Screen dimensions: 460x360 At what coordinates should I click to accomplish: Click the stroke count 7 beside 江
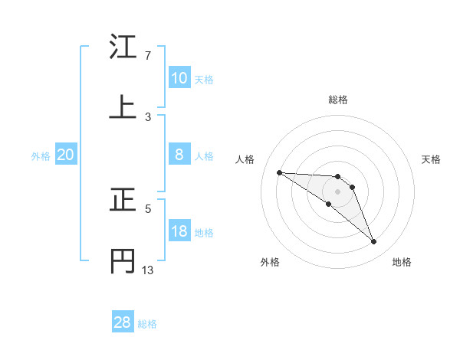click(x=148, y=56)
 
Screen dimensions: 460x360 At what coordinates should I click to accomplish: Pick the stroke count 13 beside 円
click(x=148, y=270)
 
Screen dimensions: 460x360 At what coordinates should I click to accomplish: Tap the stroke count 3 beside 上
click(x=148, y=116)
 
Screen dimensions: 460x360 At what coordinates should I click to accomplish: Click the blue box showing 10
click(x=179, y=78)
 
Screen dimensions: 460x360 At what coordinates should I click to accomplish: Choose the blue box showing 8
click(x=179, y=155)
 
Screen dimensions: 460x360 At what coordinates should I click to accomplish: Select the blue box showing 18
click(x=179, y=231)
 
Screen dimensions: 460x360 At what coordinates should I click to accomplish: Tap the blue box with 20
click(x=66, y=155)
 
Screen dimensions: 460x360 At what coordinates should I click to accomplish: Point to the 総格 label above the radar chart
click(x=338, y=100)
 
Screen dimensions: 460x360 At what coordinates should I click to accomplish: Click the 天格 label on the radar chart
click(x=432, y=159)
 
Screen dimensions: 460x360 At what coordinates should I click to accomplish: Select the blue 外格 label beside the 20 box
click(x=41, y=156)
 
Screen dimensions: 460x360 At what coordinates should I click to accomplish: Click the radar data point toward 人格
click(x=279, y=172)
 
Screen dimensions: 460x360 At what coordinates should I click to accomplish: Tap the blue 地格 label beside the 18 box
click(x=204, y=233)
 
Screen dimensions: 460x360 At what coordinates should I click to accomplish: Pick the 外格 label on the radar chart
click(x=270, y=262)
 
